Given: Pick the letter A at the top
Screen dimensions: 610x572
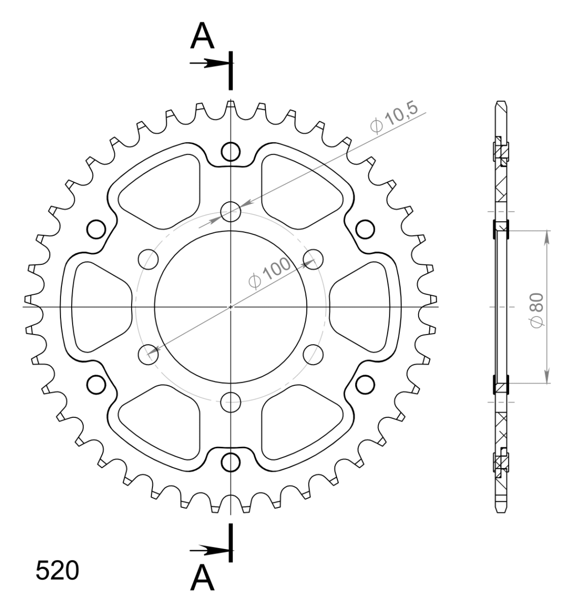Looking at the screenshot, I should click(202, 37).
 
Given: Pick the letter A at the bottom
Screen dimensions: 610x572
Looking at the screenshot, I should click(202, 579).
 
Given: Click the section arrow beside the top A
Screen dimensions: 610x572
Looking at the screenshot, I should click(208, 64).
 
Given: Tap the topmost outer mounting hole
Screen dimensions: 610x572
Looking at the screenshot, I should click(231, 151).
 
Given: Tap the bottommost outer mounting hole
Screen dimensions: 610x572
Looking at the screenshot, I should click(231, 462).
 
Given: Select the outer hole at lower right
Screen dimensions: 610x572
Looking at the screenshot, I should click(365, 385).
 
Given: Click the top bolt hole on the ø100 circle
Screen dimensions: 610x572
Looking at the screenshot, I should click(231, 212).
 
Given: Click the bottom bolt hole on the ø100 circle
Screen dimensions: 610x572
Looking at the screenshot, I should click(231, 402).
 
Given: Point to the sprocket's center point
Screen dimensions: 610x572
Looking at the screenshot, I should click(231, 307).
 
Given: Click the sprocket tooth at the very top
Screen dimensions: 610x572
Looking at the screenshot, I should click(231, 106).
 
